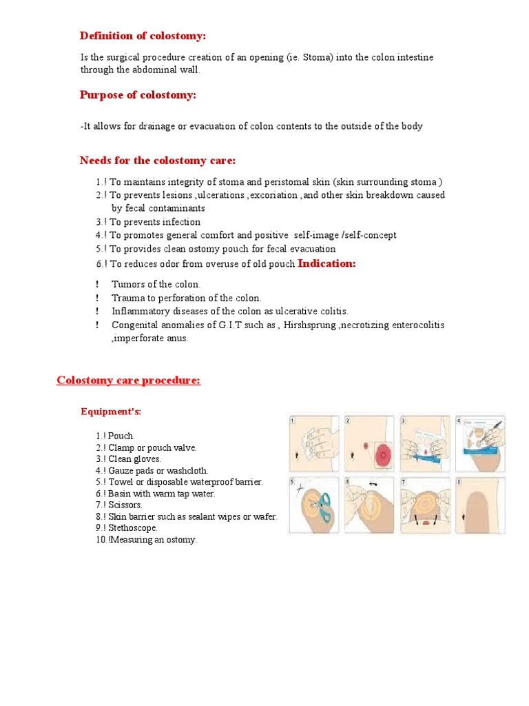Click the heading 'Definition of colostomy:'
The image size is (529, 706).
tap(143, 36)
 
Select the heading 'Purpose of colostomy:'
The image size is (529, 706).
tap(138, 95)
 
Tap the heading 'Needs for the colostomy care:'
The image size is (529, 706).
tap(157, 161)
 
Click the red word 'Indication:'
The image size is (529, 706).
tap(326, 263)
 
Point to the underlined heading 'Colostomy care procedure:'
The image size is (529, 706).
tap(129, 381)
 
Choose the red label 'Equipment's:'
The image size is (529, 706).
tap(111, 412)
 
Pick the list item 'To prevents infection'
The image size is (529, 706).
tap(155, 222)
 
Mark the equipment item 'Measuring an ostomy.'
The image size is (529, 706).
tap(152, 540)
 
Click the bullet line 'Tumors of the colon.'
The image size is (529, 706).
tap(156, 284)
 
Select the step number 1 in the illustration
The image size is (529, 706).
tap(292, 420)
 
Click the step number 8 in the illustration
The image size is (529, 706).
tap(459, 481)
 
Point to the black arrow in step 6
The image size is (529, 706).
tap(370, 485)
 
